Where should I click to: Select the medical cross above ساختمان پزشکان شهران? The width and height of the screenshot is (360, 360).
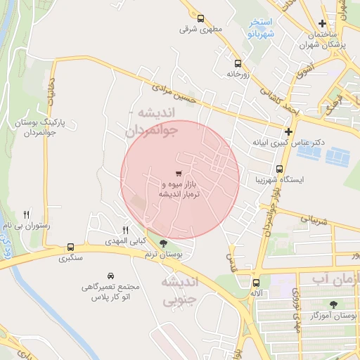(323, 24)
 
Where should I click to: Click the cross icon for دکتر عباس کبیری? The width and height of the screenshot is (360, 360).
(288, 131)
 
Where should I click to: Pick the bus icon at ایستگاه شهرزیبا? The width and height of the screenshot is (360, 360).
(280, 169)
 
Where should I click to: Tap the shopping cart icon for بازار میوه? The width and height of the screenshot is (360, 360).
(179, 173)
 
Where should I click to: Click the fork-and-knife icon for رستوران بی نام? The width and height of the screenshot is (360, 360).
(27, 214)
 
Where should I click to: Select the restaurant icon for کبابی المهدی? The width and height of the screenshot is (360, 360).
(126, 230)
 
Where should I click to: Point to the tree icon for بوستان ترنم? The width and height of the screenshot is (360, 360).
(164, 244)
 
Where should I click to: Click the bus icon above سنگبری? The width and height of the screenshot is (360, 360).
(70, 247)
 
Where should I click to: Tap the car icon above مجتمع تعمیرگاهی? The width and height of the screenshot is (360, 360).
(110, 276)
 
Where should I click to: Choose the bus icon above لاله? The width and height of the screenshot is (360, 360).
(255, 283)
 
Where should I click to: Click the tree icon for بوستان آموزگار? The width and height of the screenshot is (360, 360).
(333, 304)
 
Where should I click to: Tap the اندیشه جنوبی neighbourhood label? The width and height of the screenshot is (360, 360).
(180, 291)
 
